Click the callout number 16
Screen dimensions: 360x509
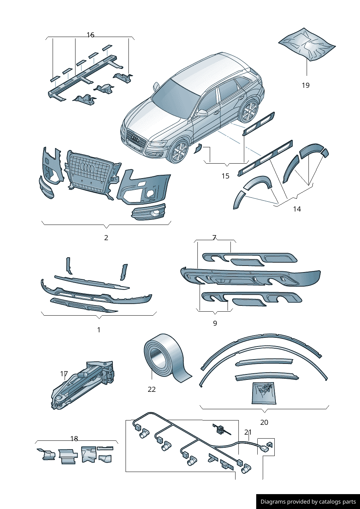click(x=90, y=35)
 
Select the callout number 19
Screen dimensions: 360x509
click(x=306, y=85)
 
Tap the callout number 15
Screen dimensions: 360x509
click(x=225, y=176)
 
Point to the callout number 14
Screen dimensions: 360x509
click(x=297, y=209)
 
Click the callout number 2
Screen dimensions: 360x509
click(x=106, y=238)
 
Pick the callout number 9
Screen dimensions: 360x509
click(x=215, y=323)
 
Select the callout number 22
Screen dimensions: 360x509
click(x=152, y=389)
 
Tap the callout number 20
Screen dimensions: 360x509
click(x=264, y=422)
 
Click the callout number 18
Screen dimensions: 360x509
click(x=74, y=439)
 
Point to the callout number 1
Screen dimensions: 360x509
click(x=99, y=330)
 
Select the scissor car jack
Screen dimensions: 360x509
click(x=83, y=385)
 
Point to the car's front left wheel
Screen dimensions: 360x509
click(x=180, y=152)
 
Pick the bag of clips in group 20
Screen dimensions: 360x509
click(x=264, y=393)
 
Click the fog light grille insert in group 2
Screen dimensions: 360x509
click(x=148, y=212)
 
